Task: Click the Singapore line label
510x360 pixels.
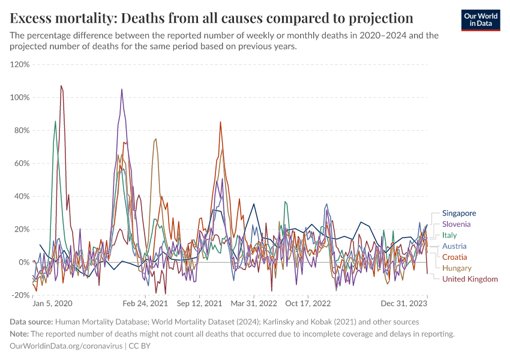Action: pos(459,213)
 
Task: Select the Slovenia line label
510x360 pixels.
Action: pos(457,224)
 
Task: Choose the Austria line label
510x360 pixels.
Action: pos(454,246)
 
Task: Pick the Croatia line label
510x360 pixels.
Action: pos(454,257)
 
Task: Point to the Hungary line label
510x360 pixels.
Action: pos(457,268)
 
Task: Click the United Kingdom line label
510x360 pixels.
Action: pos(470,279)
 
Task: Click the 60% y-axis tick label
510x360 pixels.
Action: pos(22,163)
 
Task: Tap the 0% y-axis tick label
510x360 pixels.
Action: pos(25,262)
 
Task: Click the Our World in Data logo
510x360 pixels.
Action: pos(481,20)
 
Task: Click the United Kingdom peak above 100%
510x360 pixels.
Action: pos(61,86)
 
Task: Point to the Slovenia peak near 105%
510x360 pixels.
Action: pos(122,89)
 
